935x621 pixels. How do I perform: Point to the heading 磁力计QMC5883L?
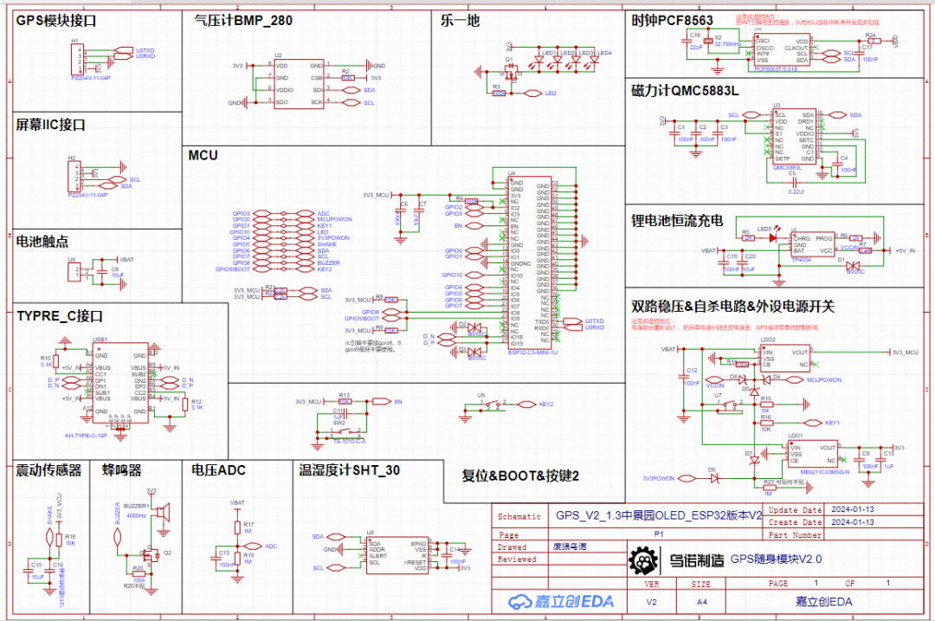pyautogui.click(x=685, y=91)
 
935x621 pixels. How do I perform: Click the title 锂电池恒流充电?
pyautogui.click(x=677, y=221)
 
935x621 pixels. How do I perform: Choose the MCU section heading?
pyautogui.click(x=203, y=155)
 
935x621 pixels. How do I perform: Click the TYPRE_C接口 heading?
pyautogui.click(x=60, y=316)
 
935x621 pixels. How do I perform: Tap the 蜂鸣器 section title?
pyautogui.click(x=121, y=469)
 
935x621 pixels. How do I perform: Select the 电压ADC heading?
pyautogui.click(x=218, y=469)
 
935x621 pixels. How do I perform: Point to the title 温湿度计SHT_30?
pyautogui.click(x=349, y=469)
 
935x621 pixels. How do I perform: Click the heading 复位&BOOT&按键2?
pyautogui.click(x=519, y=475)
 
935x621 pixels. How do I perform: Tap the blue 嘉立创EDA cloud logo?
pyautogui.click(x=551, y=601)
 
